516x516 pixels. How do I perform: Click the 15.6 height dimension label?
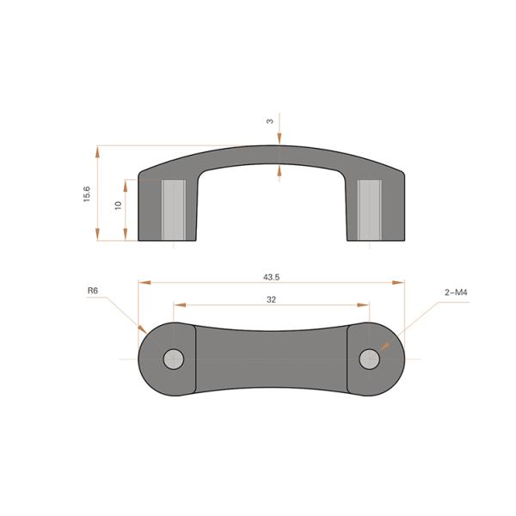[x=86, y=194]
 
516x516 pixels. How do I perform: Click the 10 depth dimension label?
[x=116, y=206]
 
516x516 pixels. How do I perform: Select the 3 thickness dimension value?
[x=270, y=121]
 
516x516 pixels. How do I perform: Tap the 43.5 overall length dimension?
[x=272, y=277]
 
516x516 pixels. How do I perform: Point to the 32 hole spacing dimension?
[x=272, y=299]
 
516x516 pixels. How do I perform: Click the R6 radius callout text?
[x=93, y=292]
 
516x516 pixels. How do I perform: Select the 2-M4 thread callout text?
[x=456, y=292]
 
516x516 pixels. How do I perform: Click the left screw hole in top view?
[x=174, y=359]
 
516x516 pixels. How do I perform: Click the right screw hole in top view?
[x=370, y=359]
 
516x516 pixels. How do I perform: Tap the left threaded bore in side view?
[x=174, y=210]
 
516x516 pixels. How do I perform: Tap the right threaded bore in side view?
[x=370, y=210]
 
